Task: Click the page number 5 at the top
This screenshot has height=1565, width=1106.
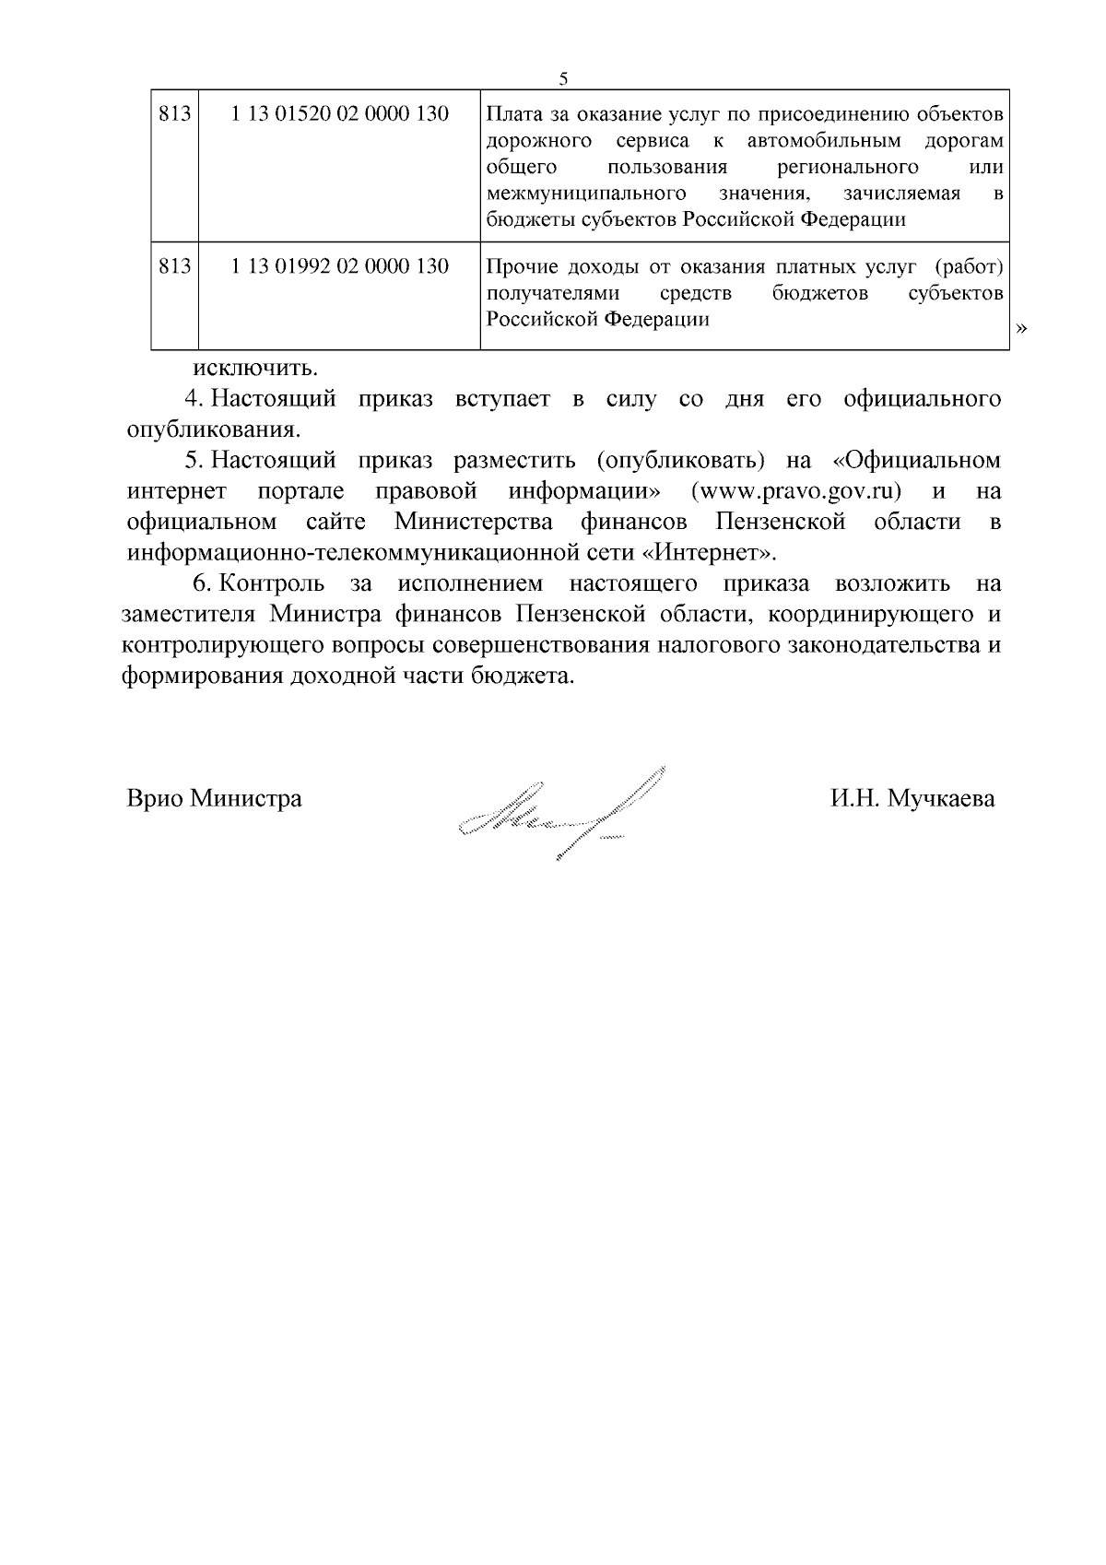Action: click(x=563, y=78)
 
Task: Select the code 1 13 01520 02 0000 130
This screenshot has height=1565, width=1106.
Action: click(x=340, y=114)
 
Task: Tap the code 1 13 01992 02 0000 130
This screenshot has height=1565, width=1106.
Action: click(x=340, y=266)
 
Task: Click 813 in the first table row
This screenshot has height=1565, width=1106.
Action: click(x=174, y=114)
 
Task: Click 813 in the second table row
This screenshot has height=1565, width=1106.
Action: click(x=174, y=266)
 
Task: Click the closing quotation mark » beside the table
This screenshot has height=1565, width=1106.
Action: click(x=1020, y=328)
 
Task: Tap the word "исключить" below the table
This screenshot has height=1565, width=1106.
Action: click(x=254, y=369)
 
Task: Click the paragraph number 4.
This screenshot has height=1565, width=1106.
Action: click(x=194, y=399)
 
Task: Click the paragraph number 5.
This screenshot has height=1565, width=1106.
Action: click(x=194, y=460)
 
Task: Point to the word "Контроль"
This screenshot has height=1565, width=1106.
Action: click(x=273, y=583)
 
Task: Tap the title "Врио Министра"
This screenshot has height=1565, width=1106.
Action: click(x=214, y=798)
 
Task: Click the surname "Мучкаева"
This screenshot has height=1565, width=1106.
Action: click(x=941, y=798)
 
